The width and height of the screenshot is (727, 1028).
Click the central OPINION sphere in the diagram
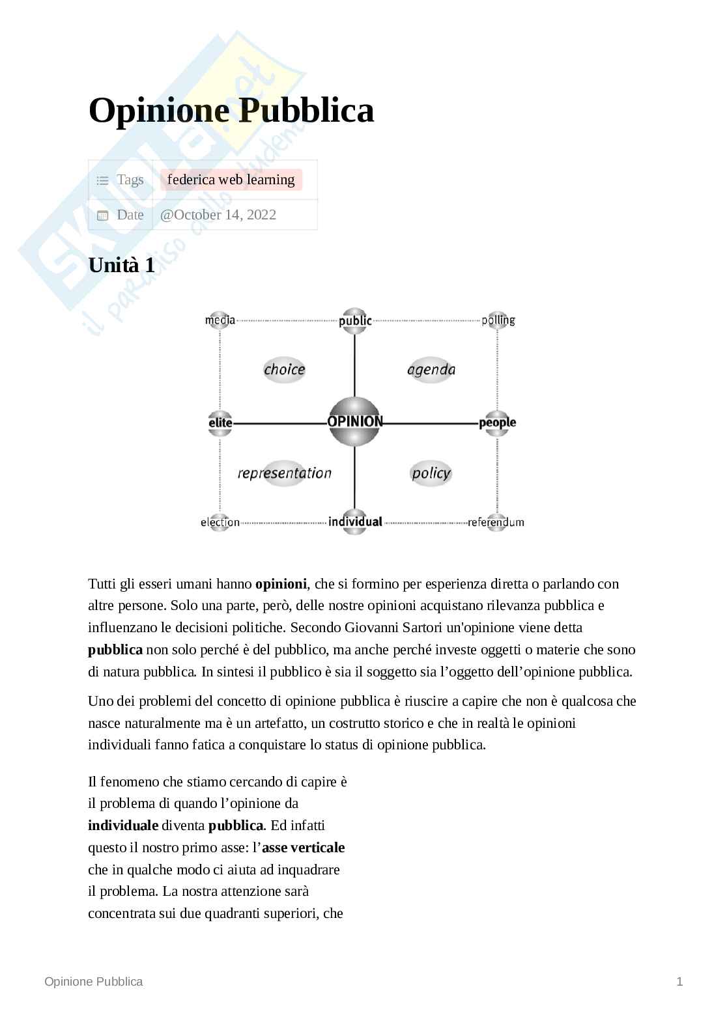pyautogui.click(x=355, y=422)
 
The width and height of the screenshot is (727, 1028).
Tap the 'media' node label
pyautogui.click(x=220, y=320)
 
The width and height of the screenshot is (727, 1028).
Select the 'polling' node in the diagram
pyautogui.click(x=498, y=320)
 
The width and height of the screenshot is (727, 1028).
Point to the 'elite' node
pyautogui.click(x=220, y=423)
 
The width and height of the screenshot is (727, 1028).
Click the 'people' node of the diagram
pyautogui.click(x=497, y=423)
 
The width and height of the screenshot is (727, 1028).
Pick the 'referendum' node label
pyautogui.click(x=496, y=522)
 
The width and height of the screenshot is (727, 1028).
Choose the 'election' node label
pyautogui.click(x=220, y=522)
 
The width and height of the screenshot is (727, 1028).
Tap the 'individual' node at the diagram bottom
pyautogui.click(x=355, y=521)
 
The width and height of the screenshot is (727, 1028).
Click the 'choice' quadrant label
pyautogui.click(x=284, y=370)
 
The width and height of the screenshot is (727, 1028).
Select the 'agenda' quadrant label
pyautogui.click(x=431, y=370)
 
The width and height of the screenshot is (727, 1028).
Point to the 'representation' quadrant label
pyautogui.click(x=284, y=473)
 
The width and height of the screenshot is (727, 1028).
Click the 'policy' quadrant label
pyautogui.click(x=431, y=473)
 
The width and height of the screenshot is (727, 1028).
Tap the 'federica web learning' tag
pyautogui.click(x=231, y=180)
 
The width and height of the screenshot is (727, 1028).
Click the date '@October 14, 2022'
pyautogui.click(x=218, y=215)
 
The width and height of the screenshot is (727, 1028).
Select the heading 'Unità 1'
pyautogui.click(x=121, y=266)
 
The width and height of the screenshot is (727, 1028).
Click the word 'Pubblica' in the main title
pyautogui.click(x=306, y=110)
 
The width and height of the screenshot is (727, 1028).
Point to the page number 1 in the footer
pyautogui.click(x=679, y=982)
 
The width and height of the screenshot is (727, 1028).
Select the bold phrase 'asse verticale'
pyautogui.click(x=303, y=848)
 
